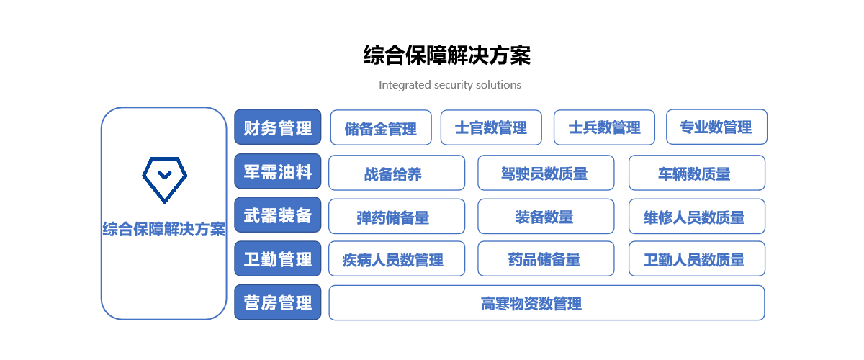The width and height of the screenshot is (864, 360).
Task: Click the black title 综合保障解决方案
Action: tap(447, 55)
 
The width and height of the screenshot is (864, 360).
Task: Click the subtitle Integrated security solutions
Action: tap(450, 85)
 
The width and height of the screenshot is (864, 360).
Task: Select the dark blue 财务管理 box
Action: tap(278, 127)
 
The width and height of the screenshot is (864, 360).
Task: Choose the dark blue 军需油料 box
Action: tap(278, 171)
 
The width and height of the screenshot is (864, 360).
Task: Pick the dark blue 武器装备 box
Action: tap(278, 215)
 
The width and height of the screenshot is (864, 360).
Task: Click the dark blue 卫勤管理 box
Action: tap(278, 258)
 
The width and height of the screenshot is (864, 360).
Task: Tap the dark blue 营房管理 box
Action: tap(278, 302)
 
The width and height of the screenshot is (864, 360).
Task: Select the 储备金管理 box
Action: tap(381, 127)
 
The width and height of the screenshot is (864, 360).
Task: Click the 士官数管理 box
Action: tap(491, 127)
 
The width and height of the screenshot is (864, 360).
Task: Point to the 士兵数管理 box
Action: tap(604, 127)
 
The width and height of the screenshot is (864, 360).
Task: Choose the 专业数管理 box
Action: tap(716, 127)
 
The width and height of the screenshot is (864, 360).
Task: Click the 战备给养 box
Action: tap(397, 173)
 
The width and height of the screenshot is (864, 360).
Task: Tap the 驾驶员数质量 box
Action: tap(546, 173)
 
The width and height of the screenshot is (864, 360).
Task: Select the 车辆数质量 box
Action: tap(697, 173)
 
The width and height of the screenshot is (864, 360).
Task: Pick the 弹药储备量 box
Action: tap(397, 217)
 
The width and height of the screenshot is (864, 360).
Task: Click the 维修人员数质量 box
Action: tap(697, 217)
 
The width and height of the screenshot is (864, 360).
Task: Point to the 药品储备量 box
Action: tap(546, 258)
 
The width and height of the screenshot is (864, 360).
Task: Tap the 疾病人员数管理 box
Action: tap(397, 258)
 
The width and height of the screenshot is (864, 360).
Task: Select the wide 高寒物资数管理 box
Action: tap(546, 303)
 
